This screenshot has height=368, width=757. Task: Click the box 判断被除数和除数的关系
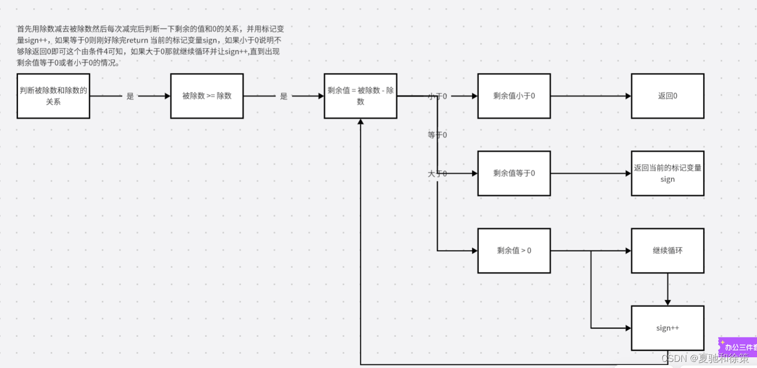53,96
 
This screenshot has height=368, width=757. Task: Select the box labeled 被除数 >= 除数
207,96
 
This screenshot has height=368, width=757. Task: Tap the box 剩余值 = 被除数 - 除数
360,96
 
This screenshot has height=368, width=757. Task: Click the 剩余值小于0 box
514,96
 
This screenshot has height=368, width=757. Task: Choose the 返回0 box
667,96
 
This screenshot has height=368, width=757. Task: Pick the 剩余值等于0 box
514,173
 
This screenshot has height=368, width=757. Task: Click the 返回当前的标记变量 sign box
667,173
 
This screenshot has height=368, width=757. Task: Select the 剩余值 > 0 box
514,250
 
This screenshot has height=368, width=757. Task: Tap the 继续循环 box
667,250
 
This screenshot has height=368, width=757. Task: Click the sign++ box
667,328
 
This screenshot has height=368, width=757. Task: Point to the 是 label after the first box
130,96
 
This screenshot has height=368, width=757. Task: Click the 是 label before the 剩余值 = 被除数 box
284,96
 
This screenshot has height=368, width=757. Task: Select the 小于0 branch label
438,96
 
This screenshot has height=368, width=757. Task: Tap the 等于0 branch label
438,135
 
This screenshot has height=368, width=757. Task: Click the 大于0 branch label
438,174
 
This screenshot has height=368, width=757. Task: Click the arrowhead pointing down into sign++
668,302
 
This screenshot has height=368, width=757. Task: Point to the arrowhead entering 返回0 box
628,96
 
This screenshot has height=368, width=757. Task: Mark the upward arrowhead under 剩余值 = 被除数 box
360,122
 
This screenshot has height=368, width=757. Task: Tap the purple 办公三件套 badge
739,347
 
